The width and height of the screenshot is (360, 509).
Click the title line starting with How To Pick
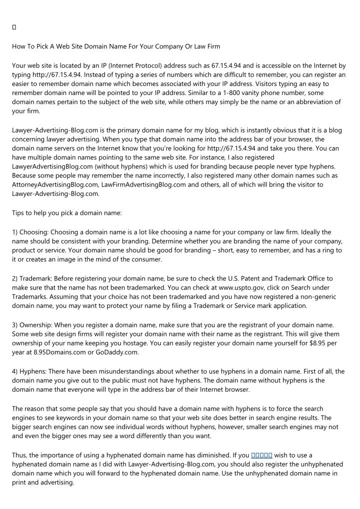point(116,46)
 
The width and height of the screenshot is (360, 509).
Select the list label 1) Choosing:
point(30,232)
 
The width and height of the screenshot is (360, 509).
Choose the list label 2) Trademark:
point(32,278)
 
